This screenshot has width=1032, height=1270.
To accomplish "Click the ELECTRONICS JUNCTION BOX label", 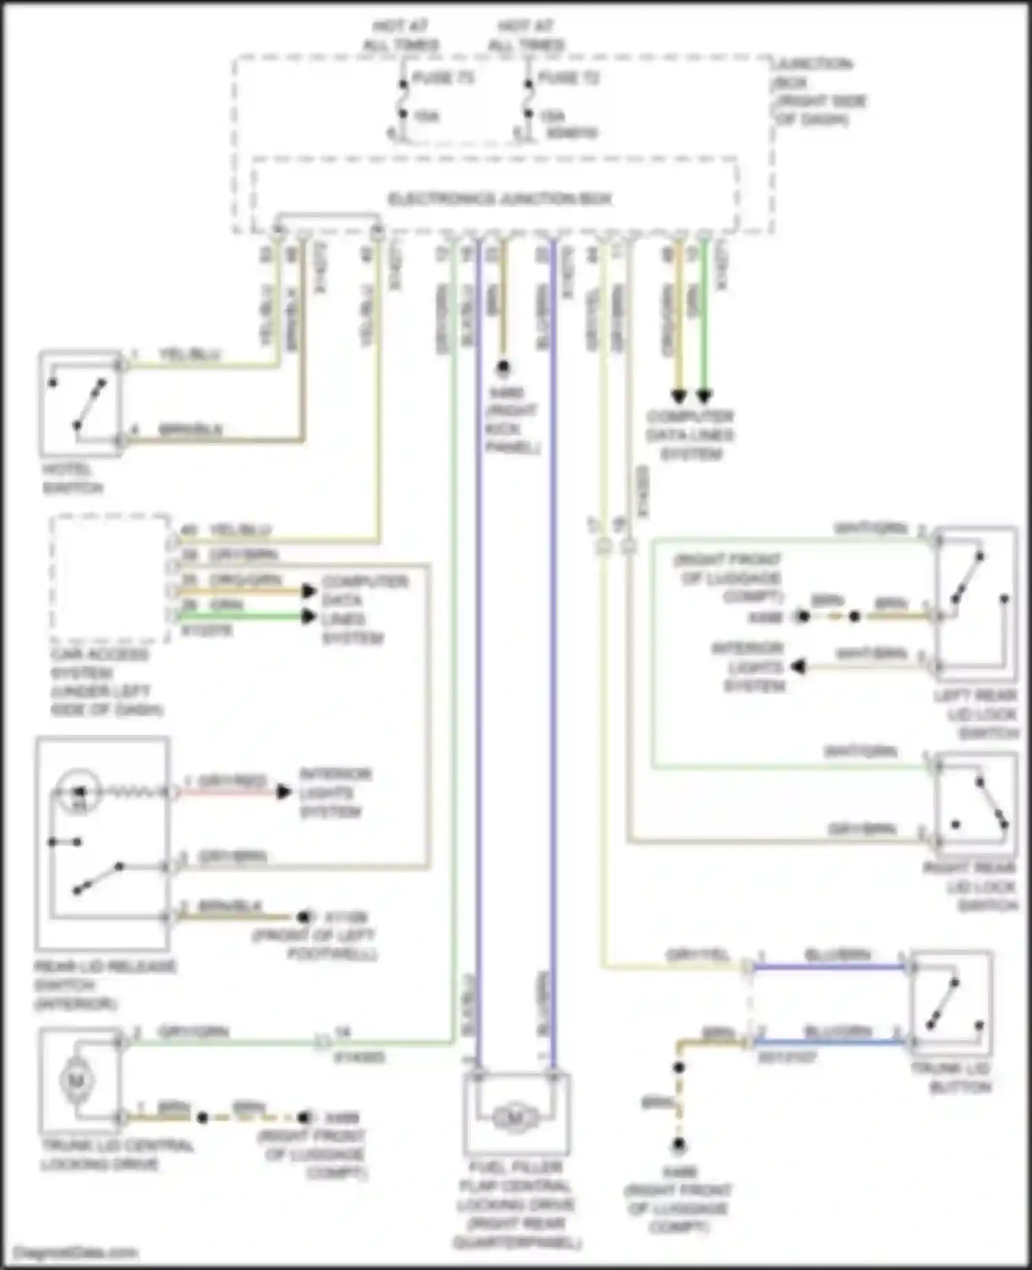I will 500,200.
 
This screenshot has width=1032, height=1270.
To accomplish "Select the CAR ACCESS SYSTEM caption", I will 106,682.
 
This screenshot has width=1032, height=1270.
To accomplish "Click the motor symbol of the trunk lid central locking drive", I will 76,1080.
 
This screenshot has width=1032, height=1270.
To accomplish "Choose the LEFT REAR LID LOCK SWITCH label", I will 977,714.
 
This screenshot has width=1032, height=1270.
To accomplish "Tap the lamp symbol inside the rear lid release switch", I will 79,792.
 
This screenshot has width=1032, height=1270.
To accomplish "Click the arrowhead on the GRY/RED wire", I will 283,793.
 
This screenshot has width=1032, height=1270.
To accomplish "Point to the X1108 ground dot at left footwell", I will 303,917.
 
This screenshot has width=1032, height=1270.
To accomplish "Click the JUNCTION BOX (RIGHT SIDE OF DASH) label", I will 819,92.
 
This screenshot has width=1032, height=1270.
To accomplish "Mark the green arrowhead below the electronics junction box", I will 704,396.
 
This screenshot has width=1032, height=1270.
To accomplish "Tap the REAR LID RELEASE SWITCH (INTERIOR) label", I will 105,985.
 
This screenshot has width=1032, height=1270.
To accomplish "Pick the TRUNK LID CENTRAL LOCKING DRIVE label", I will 117,1154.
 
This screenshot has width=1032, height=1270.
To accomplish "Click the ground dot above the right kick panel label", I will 504,368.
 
